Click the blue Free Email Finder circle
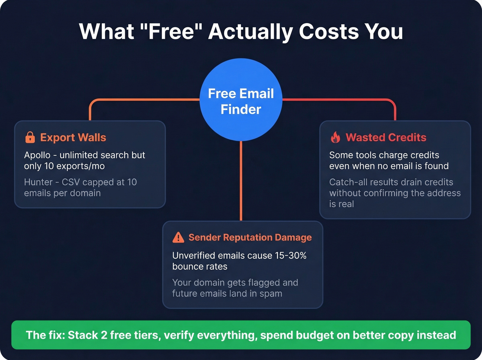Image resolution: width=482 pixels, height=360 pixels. [241, 100]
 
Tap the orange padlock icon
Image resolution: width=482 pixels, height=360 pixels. [30, 137]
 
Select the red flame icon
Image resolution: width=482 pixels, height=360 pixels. [335, 137]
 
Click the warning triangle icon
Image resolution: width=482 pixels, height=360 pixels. [178, 237]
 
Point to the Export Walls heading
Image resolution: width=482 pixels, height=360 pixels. [73, 137]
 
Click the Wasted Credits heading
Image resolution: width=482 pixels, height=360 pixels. [386, 137]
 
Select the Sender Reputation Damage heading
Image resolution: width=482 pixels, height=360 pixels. [250, 237]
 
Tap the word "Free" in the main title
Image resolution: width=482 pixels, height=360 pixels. [172, 32]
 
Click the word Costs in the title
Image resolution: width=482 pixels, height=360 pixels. [328, 32]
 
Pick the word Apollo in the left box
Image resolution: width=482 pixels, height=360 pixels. [37, 155]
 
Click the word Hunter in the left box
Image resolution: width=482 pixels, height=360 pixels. [38, 182]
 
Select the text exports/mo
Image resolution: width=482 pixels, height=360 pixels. [81, 166]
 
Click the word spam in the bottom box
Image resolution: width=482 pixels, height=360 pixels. [271, 294]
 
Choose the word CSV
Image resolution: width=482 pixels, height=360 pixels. [71, 182]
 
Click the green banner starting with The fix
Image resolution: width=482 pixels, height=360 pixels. [241, 335]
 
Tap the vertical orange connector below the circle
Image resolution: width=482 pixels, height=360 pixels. [241, 181]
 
